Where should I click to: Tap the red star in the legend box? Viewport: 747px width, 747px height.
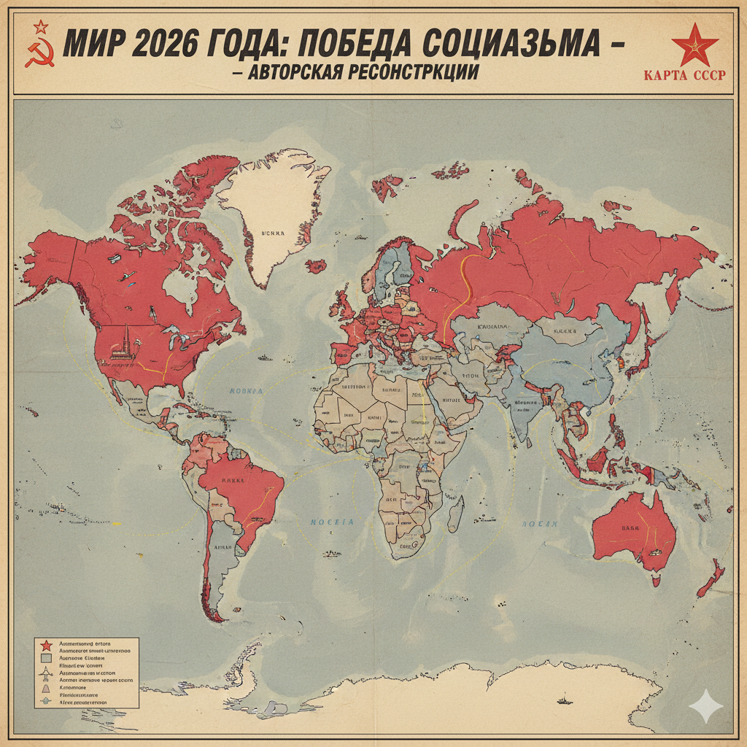(45, 645)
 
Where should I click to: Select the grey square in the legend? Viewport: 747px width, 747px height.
(45, 658)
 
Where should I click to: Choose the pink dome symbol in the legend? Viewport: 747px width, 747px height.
(45, 687)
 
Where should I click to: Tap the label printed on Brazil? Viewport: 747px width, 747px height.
(233, 481)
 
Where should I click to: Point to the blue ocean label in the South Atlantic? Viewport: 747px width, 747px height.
(333, 522)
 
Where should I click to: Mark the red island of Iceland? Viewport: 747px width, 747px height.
(316, 266)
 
